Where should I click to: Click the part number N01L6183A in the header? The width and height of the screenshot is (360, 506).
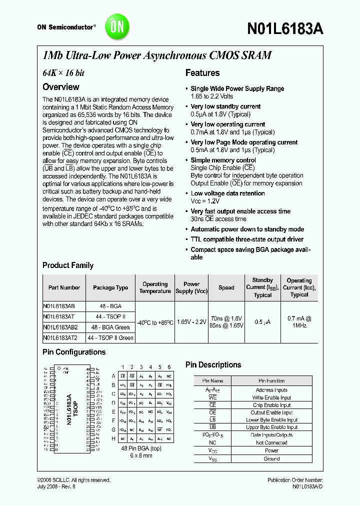284,29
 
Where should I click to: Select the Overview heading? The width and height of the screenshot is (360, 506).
60,86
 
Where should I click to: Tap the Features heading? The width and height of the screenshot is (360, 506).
202,73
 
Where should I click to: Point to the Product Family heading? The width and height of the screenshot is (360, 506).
68,265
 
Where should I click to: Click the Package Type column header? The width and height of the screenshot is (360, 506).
110,287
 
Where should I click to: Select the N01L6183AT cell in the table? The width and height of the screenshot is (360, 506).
58,316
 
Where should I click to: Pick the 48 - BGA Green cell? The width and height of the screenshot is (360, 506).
110,327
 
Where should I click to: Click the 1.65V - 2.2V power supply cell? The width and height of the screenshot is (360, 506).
191,322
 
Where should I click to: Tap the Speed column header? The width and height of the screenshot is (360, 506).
226,287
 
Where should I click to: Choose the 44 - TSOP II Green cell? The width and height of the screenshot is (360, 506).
110,338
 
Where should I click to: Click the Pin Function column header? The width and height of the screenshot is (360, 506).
272,381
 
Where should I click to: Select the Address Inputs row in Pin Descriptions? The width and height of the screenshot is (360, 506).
271,390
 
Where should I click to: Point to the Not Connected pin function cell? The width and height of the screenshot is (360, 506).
271,442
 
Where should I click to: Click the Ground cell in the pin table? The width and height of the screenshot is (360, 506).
271,458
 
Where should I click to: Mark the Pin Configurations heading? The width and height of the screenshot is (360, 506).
74,352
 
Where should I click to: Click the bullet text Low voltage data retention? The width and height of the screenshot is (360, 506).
227,193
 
